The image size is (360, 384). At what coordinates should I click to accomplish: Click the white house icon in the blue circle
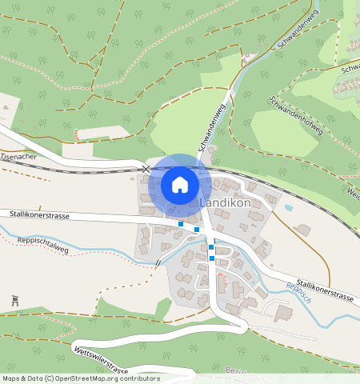tap(180, 185)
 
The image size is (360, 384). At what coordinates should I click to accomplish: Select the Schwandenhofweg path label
tap(296, 117)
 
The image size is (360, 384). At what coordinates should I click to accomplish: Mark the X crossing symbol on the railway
tap(146, 169)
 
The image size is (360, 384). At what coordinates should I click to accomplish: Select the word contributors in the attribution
tap(139, 378)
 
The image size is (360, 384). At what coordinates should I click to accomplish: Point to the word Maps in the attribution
tap(11, 378)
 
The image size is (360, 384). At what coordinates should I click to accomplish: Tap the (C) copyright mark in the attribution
tap(49, 378)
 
